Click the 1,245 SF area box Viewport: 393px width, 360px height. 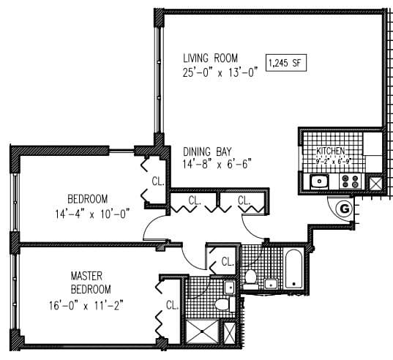tap(285, 64)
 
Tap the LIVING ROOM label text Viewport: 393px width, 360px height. tap(212, 58)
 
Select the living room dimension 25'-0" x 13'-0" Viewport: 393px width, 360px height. tap(220, 72)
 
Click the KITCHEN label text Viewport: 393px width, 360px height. tap(330, 151)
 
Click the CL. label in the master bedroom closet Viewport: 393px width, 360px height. tap(172, 305)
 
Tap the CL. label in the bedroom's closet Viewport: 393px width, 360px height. tap(157, 181)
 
